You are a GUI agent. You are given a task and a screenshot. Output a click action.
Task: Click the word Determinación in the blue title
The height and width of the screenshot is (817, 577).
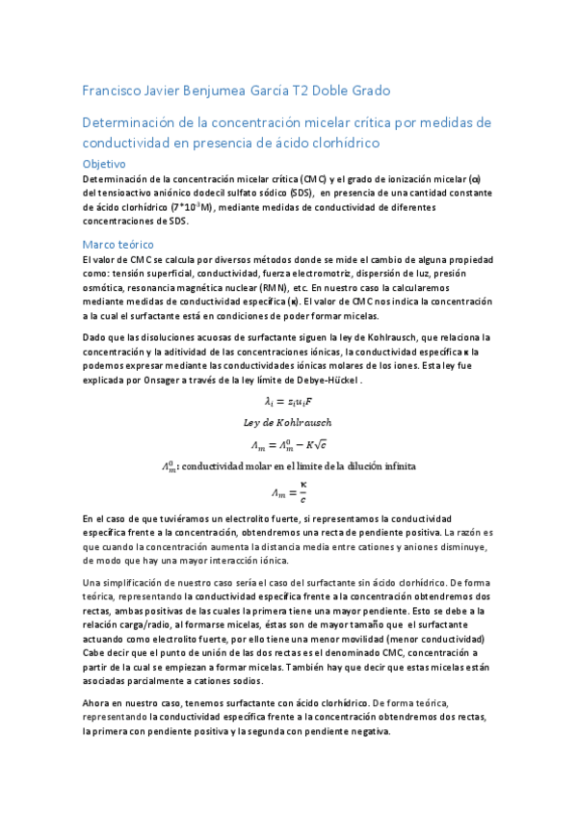[x=129, y=124]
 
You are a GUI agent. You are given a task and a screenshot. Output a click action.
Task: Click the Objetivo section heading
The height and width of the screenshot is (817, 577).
[x=111, y=164]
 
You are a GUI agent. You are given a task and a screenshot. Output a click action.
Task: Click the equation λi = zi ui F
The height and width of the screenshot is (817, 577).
[x=289, y=401]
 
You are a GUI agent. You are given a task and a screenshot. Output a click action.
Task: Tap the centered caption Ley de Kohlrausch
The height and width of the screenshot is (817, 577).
[x=289, y=422]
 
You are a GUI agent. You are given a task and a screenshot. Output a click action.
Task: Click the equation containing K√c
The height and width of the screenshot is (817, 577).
[x=289, y=444]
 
